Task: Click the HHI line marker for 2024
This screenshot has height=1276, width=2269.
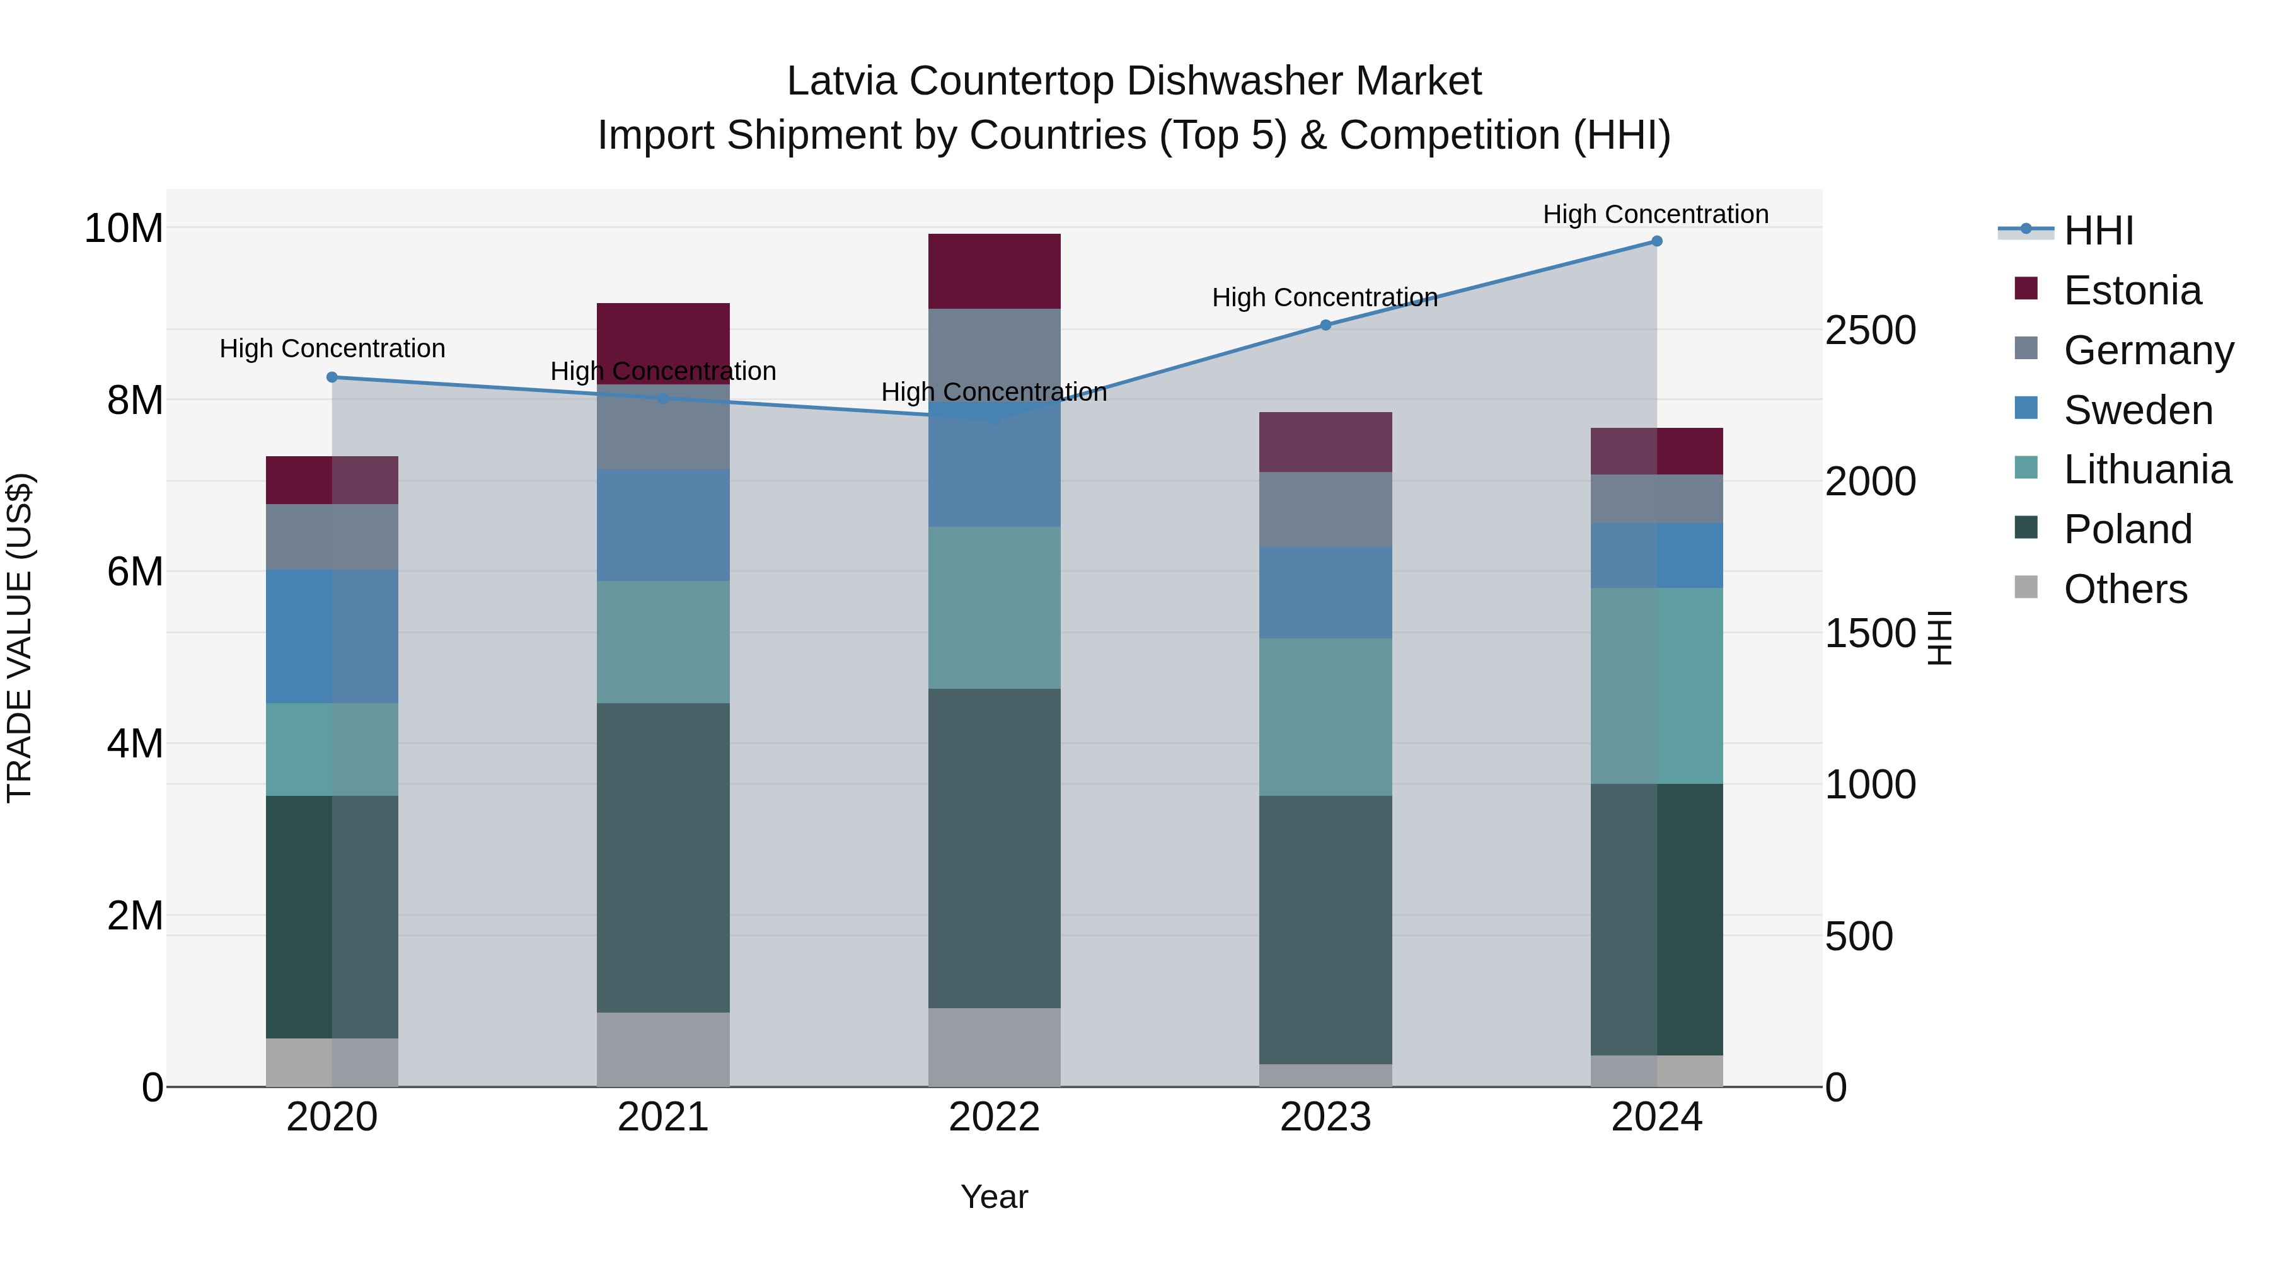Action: click(x=1656, y=241)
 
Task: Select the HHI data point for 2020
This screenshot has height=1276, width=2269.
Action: click(x=332, y=377)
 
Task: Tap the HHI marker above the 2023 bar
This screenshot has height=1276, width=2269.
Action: click(x=1325, y=325)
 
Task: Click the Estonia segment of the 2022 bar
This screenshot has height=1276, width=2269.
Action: click(x=995, y=271)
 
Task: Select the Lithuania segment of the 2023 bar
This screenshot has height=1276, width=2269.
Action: click(x=1325, y=717)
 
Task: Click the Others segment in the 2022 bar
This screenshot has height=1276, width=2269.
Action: click(x=995, y=1047)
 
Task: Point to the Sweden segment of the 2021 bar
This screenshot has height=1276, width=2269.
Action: click(x=663, y=525)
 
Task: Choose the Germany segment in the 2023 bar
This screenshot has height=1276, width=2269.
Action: click(x=1325, y=509)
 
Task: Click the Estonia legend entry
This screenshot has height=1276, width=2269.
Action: click(x=2132, y=290)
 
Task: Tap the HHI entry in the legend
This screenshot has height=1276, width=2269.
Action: click(x=2098, y=231)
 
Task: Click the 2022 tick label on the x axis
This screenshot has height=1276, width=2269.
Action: click(x=995, y=1117)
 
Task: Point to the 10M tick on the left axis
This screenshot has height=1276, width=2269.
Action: click(x=124, y=228)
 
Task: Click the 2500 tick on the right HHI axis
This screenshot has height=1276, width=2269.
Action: click(x=1870, y=331)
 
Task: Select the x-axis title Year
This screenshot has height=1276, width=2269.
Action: click(x=995, y=1197)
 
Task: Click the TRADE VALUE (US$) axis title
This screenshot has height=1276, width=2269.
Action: click(x=20, y=638)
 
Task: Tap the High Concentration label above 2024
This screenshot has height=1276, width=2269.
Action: click(x=1655, y=214)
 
